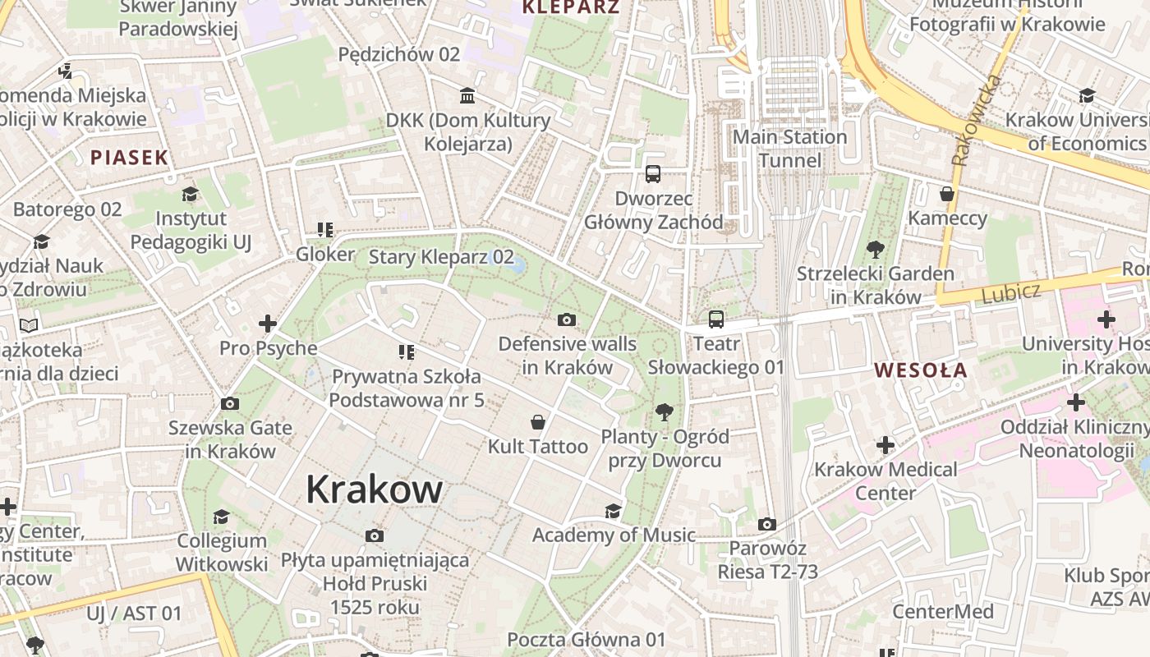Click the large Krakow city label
tap(374, 489)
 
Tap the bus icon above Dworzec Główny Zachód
tap(653, 174)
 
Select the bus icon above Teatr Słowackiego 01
tap(716, 319)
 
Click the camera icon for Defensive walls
tap(566, 320)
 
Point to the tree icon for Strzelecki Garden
tap(876, 249)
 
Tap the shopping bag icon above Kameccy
tap(947, 194)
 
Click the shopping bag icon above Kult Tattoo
tap(538, 422)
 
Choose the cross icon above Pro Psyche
tap(268, 324)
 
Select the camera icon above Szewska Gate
tap(230, 403)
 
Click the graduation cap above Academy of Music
tap(613, 512)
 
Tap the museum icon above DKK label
tap(468, 96)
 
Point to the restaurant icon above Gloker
tap(325, 230)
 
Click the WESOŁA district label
tap(920, 370)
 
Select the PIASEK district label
tap(129, 158)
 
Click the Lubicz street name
tap(1010, 292)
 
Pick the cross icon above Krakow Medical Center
tap(885, 446)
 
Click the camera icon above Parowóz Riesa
tap(767, 524)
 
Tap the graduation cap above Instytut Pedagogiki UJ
tap(191, 195)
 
